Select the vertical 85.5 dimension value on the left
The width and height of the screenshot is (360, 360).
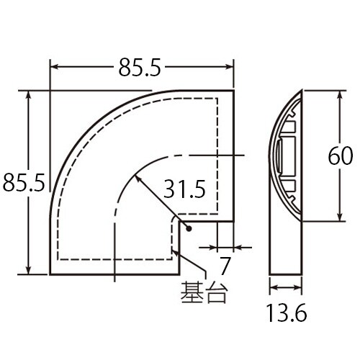[x=24, y=183]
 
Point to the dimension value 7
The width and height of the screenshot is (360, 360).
[x=225, y=266]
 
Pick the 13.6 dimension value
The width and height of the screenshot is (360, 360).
[x=287, y=314]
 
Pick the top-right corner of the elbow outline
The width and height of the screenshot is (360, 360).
[x=234, y=89]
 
